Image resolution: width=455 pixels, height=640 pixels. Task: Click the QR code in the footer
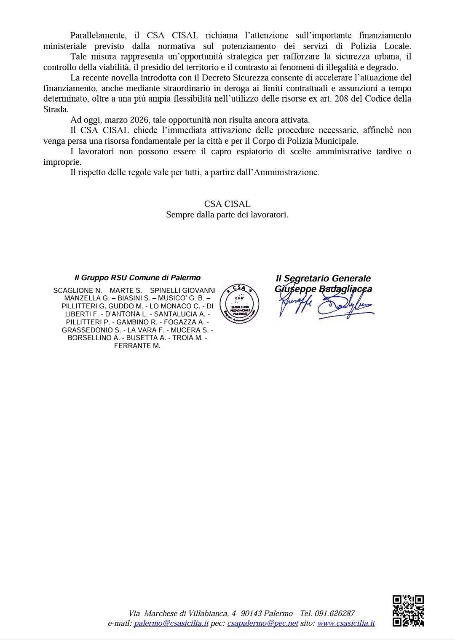(x=408, y=611)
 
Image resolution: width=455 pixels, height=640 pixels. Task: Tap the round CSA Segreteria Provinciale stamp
(x=239, y=304)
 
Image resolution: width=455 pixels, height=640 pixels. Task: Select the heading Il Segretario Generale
(x=323, y=278)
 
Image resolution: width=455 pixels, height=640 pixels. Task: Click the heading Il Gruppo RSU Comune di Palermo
(x=137, y=278)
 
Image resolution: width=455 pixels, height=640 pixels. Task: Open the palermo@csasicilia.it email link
(x=171, y=623)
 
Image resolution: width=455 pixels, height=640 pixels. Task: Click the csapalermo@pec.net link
(x=262, y=623)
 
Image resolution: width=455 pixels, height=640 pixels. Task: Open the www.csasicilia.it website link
(x=345, y=623)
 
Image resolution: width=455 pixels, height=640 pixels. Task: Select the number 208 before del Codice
(x=341, y=99)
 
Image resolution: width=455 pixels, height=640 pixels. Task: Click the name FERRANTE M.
(x=137, y=346)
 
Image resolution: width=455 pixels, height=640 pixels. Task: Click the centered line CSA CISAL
(x=227, y=204)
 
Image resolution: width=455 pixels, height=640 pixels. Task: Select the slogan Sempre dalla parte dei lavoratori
(x=227, y=214)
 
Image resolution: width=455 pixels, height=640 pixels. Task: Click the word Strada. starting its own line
(x=56, y=109)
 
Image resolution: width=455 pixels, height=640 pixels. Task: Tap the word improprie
(x=62, y=162)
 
